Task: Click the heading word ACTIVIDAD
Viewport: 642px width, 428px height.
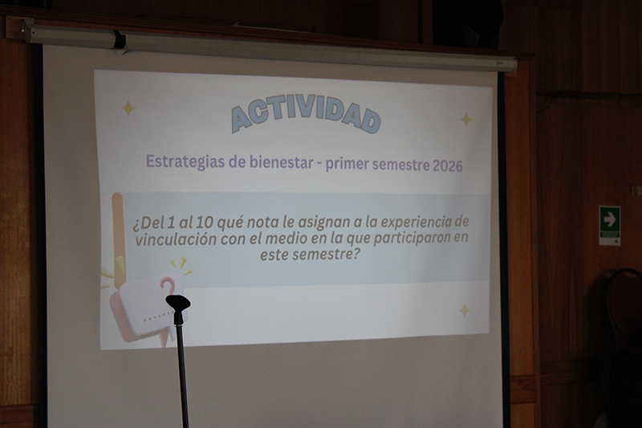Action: point(306,118)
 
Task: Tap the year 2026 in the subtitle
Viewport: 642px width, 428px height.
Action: point(448,165)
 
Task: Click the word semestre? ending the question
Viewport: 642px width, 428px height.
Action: point(327,255)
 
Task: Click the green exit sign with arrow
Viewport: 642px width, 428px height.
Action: point(610,226)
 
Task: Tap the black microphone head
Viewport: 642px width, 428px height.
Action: point(177,304)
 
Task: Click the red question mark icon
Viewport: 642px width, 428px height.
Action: point(167,286)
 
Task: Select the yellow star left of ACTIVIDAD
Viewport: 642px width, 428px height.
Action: point(128,108)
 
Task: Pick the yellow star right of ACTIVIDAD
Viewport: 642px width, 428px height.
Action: point(466,120)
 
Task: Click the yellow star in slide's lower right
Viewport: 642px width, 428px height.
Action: point(465,310)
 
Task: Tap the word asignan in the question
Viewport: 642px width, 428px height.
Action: point(323,223)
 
